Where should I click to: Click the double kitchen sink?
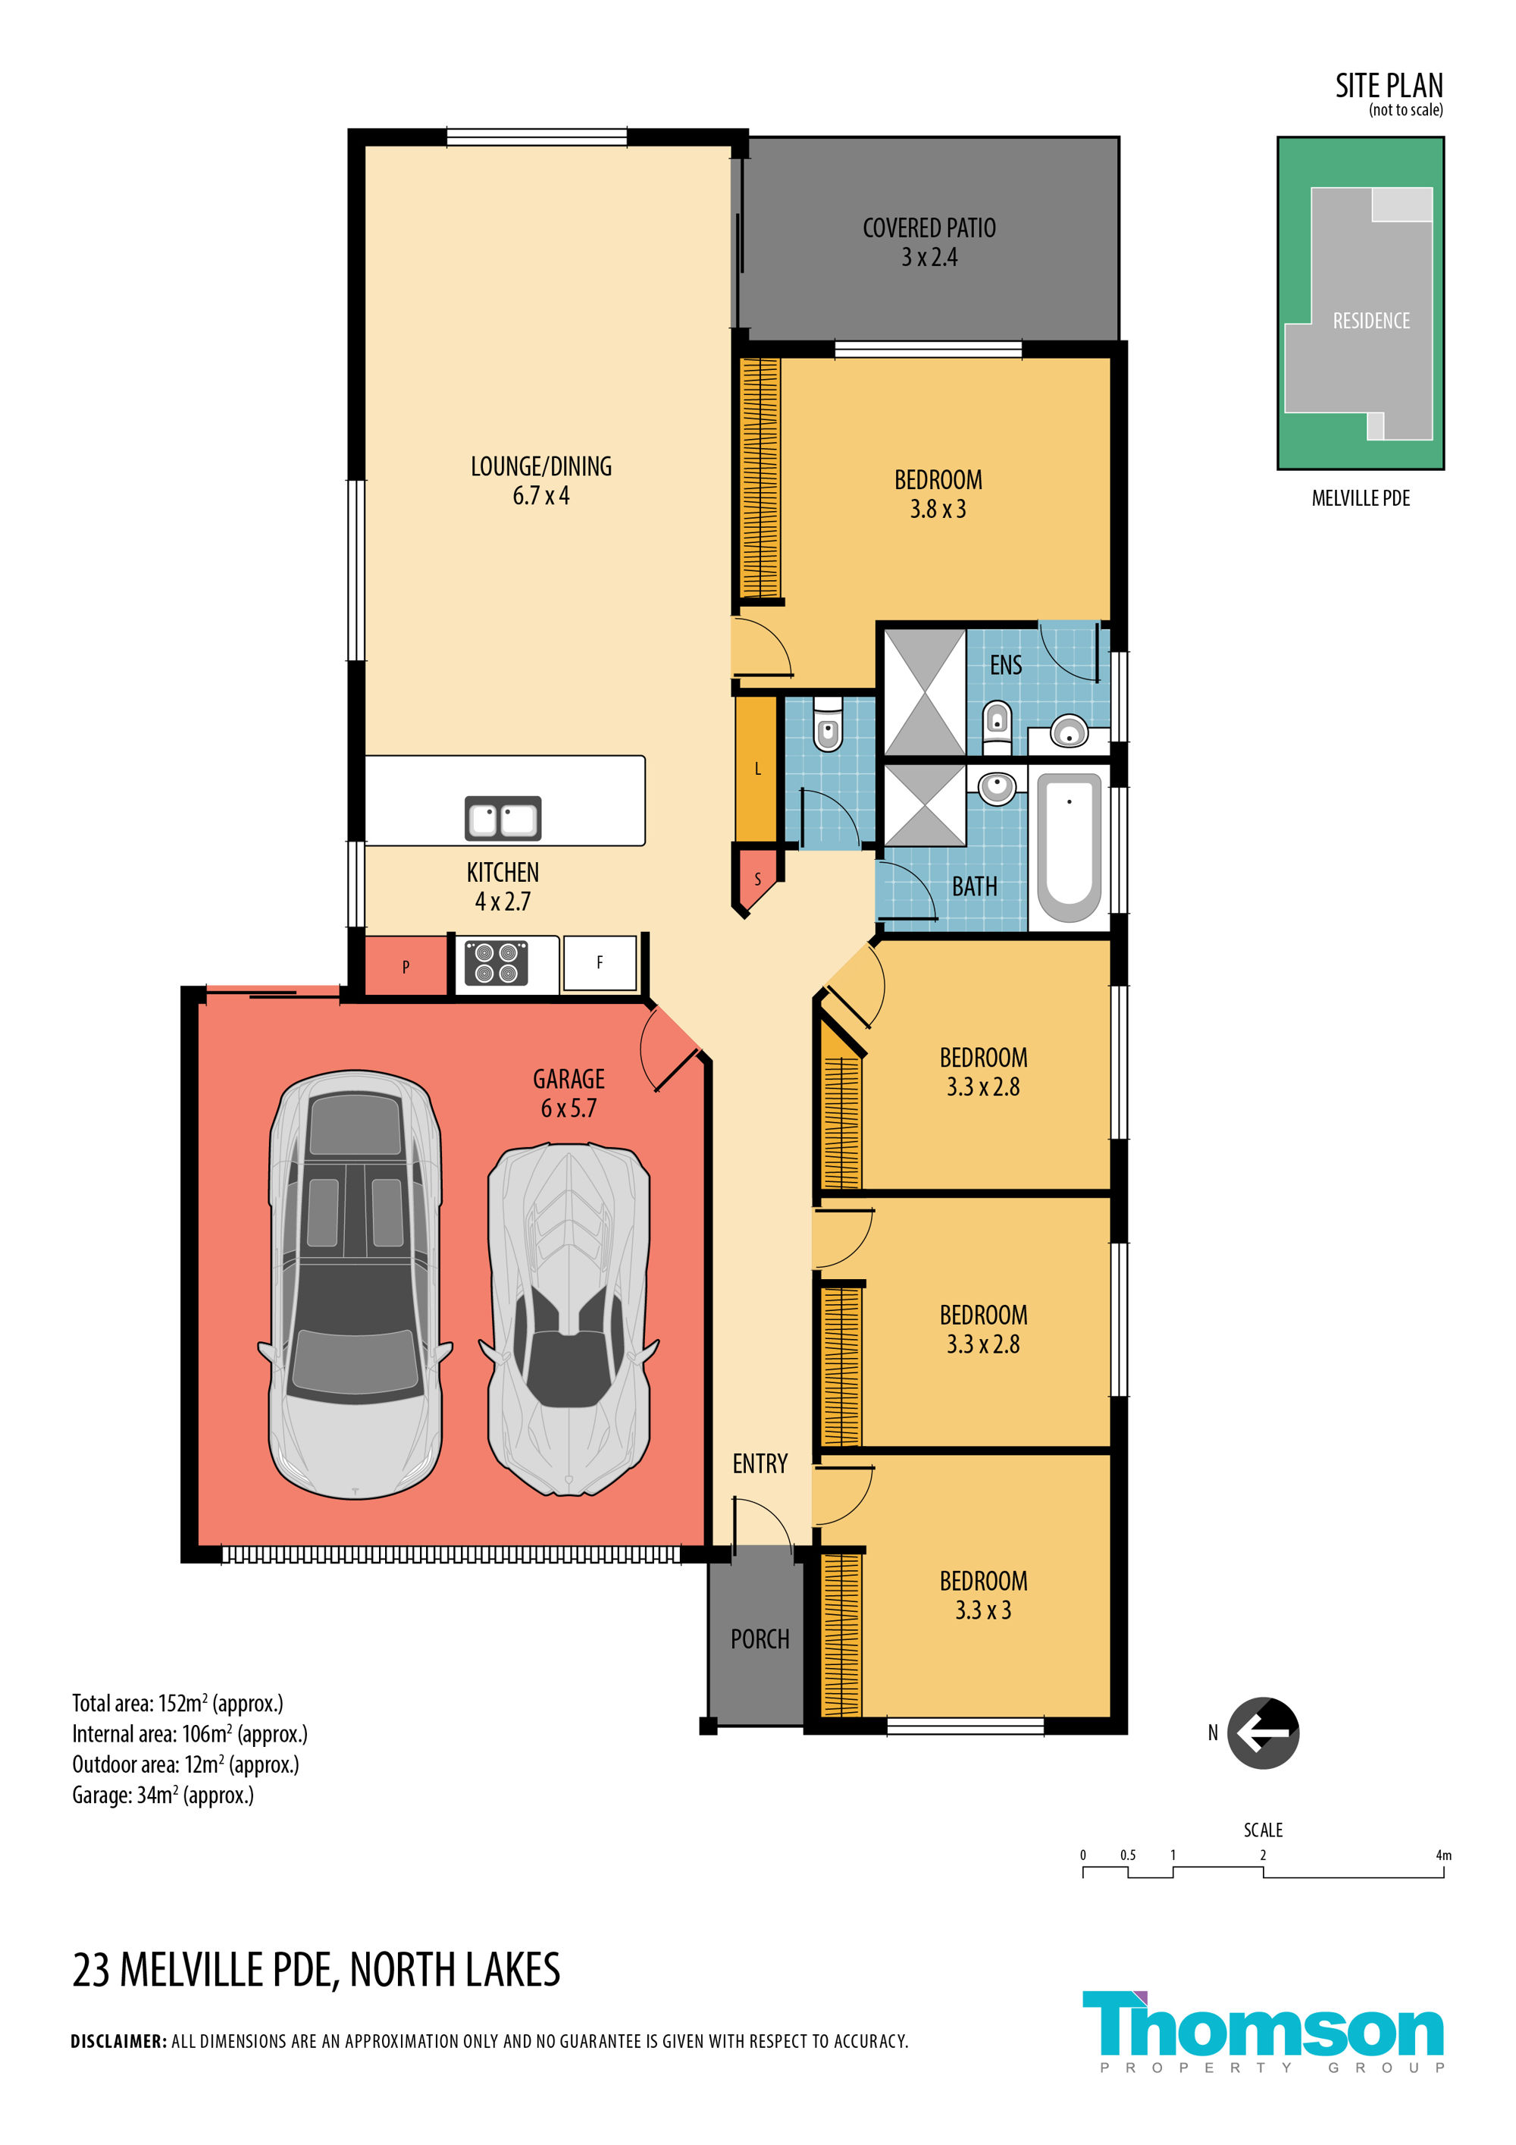[x=503, y=817]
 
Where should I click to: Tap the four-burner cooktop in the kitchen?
[x=496, y=962]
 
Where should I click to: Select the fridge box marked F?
[x=600, y=962]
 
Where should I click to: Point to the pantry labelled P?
[x=406, y=966]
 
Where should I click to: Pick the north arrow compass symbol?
[x=1263, y=1733]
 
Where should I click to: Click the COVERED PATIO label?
[x=929, y=228]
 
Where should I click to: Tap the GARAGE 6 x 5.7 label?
[x=568, y=1093]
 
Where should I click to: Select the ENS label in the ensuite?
[x=1006, y=665]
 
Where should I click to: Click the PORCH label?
[x=760, y=1639]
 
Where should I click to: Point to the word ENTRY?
[x=760, y=1463]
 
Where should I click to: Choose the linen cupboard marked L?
[x=756, y=769]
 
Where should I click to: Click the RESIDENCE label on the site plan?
[x=1371, y=321]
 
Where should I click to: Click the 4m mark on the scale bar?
[x=1443, y=1855]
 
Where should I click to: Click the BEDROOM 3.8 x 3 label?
[x=938, y=494]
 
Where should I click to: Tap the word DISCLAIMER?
[x=119, y=2041]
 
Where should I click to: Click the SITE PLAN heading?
[x=1389, y=86]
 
